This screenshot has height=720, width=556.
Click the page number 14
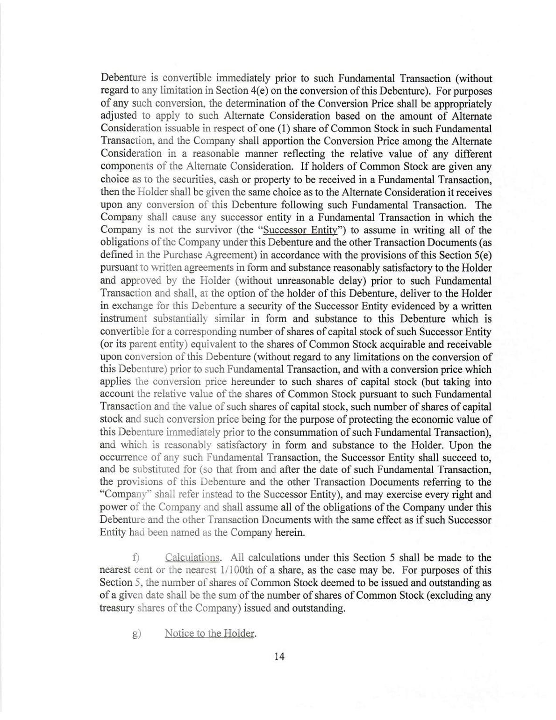[279, 656]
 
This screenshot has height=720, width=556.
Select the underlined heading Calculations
[192, 557]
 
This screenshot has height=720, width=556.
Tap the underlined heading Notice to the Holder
[210, 634]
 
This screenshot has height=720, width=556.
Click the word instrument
[123, 319]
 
